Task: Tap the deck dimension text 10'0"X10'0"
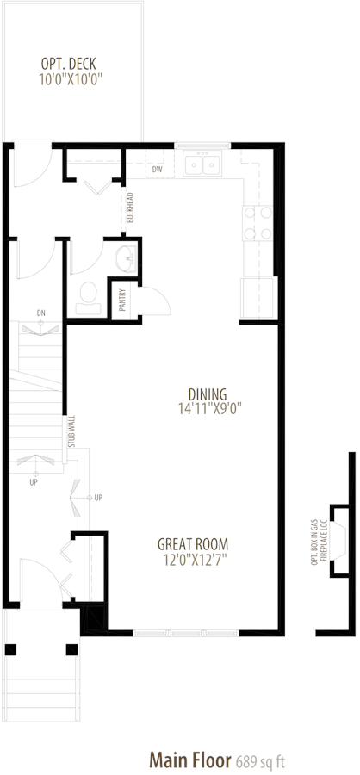(74, 79)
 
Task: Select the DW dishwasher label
(158, 170)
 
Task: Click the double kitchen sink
(202, 163)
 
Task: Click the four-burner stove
(258, 223)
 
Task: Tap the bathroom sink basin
(126, 257)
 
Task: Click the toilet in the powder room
(90, 298)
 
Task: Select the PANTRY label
(121, 300)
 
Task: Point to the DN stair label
(40, 313)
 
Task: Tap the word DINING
(208, 394)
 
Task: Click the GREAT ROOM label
(193, 545)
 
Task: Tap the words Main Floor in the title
(190, 759)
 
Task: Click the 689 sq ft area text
(259, 760)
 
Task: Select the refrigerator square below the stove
(258, 298)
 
